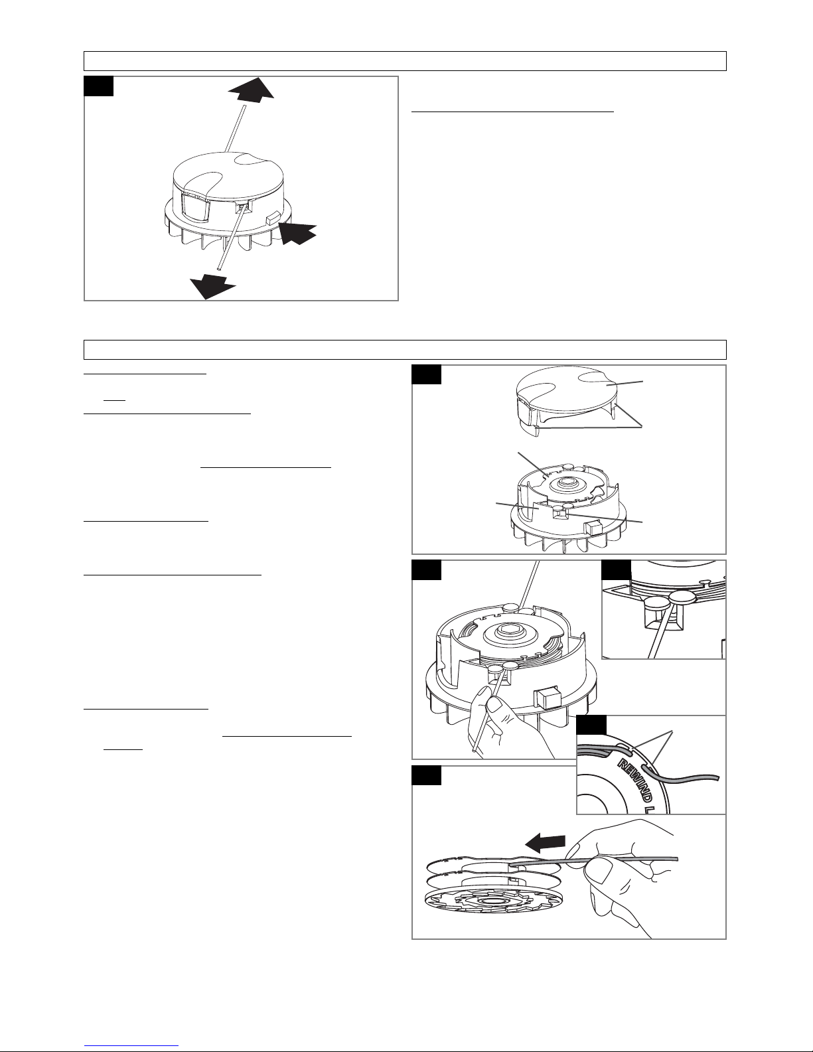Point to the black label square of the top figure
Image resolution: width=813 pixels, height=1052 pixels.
coord(99,86)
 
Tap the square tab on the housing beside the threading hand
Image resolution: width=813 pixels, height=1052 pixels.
coord(547,699)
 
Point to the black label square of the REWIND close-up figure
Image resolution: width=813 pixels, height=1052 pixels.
coord(592,725)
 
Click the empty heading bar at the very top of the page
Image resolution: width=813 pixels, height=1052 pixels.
coord(405,61)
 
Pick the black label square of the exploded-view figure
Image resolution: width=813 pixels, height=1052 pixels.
coord(426,375)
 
